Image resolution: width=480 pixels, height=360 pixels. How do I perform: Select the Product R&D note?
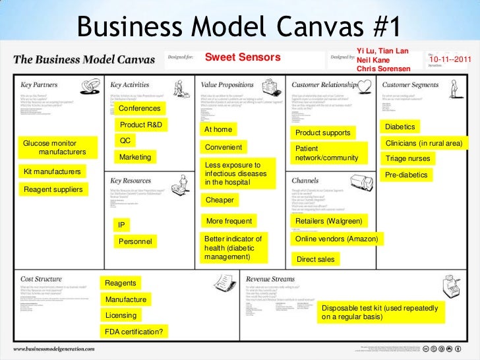tap(140, 125)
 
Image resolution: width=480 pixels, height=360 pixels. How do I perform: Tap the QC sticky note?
tap(125, 140)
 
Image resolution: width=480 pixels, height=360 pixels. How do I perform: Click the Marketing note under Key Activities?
tap(135, 157)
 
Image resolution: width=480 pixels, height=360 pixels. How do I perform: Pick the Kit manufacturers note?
tap(51, 171)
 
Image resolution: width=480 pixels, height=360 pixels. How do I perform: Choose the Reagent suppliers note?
tap(53, 190)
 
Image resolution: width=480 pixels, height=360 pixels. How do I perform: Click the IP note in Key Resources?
tap(121, 225)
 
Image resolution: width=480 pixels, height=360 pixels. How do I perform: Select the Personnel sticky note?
tap(136, 242)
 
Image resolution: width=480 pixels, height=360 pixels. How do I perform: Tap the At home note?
tap(219, 129)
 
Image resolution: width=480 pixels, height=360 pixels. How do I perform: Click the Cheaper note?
tap(220, 199)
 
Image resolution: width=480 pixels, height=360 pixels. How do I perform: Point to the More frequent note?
tap(229, 221)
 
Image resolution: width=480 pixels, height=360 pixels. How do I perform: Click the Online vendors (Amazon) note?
tap(336, 239)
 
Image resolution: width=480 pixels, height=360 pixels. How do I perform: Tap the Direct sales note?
tap(316, 259)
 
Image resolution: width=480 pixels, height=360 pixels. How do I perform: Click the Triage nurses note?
tap(408, 158)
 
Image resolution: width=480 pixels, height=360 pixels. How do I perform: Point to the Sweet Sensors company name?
tap(243, 58)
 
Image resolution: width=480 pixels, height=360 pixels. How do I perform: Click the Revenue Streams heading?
tap(279, 278)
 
